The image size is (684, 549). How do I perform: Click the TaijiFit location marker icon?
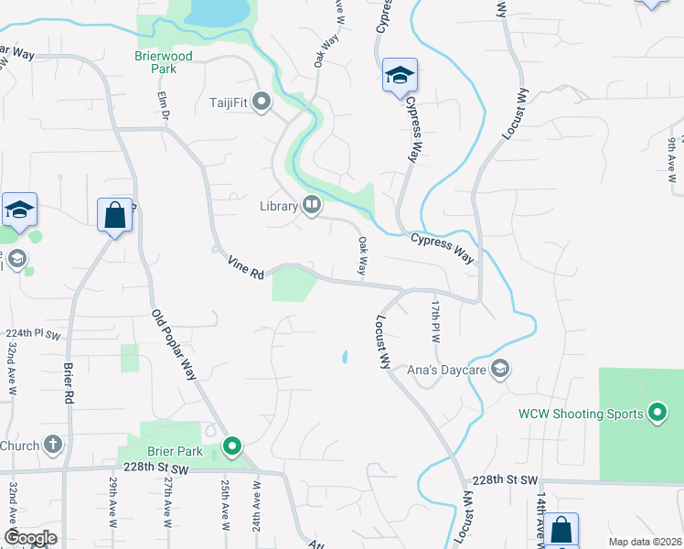262,102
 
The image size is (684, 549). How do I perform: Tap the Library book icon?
312,206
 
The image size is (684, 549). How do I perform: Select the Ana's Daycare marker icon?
499,369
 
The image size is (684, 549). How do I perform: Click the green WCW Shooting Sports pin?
657,414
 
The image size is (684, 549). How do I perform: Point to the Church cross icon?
53,446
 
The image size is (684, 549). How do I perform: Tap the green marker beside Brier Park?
232,447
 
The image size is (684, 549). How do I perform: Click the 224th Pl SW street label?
32,334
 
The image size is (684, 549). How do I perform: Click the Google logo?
31,538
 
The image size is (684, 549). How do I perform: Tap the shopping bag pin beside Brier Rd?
114,217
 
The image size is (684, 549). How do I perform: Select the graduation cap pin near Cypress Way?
400,76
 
